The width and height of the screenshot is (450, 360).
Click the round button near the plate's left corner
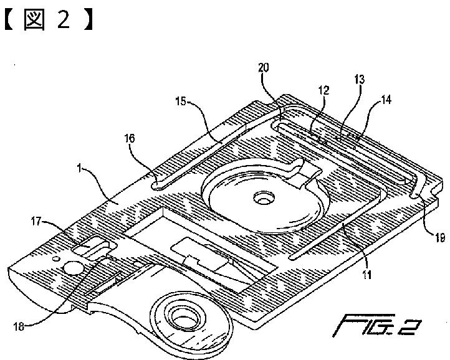click(72, 268)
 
